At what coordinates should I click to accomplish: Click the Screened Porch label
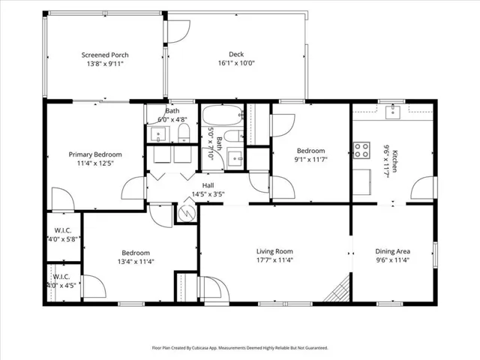click(105, 55)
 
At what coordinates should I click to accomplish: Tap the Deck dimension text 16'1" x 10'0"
click(236, 63)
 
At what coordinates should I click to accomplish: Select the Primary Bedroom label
click(95, 154)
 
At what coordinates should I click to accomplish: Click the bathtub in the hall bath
click(223, 115)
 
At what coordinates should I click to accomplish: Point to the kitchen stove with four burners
click(361, 150)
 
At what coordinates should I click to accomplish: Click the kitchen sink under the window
click(392, 112)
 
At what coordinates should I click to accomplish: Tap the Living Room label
click(274, 251)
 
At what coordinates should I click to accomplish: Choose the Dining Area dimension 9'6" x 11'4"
click(393, 260)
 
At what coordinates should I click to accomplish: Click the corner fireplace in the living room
click(337, 289)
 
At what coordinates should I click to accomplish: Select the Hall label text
click(208, 185)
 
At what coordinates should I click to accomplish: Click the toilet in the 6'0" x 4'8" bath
click(184, 133)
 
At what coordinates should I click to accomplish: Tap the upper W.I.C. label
click(63, 230)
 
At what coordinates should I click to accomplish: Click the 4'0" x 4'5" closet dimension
click(61, 286)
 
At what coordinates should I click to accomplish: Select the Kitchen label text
click(395, 161)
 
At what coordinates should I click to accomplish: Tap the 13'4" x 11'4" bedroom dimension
click(136, 262)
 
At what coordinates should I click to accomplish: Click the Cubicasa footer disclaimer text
click(240, 348)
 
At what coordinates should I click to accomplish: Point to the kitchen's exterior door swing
click(422, 188)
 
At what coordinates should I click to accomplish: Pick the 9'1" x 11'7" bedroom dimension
click(311, 160)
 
